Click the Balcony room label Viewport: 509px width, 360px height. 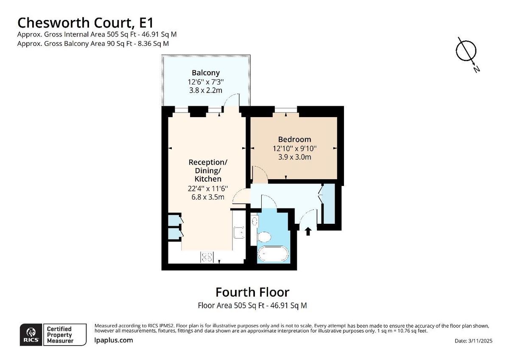coord(206,72)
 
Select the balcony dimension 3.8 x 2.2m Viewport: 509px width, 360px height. coord(206,90)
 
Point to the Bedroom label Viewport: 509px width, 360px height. coord(294,139)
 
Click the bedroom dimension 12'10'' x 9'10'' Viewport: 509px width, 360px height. coord(294,149)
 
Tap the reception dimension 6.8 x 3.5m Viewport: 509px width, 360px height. coord(208,197)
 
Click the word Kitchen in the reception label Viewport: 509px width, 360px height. coord(208,179)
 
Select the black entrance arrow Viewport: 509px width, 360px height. coord(308,231)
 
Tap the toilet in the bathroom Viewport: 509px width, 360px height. coord(265,236)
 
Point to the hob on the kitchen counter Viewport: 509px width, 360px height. coord(207,256)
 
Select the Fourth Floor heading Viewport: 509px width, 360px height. coord(252,292)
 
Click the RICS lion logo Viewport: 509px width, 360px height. coord(31,335)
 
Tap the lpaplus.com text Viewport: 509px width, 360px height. coord(113,340)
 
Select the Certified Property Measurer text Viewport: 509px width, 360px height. coord(59,335)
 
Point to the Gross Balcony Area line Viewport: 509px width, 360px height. coord(93,43)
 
